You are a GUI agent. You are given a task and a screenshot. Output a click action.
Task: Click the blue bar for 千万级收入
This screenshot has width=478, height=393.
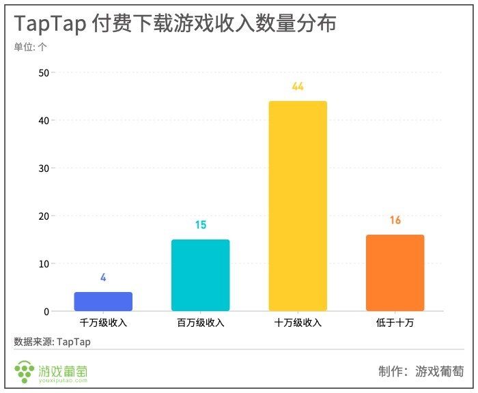click(103, 302)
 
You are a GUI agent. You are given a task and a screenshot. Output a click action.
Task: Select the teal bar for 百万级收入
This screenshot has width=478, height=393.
click(200, 276)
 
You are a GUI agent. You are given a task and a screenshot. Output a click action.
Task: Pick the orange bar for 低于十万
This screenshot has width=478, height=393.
click(395, 273)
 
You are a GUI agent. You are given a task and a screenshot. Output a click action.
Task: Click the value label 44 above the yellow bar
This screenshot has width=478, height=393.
click(298, 87)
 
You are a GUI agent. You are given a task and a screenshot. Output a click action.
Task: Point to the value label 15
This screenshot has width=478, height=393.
click(200, 225)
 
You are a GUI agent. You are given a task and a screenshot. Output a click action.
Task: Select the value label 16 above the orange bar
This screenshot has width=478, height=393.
click(395, 220)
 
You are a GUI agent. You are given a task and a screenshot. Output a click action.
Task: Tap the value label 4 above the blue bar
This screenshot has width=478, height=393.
click(103, 278)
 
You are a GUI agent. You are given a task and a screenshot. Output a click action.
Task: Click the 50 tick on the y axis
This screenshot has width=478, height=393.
click(42, 72)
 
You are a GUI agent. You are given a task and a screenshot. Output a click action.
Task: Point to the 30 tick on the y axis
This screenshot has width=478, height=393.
click(42, 168)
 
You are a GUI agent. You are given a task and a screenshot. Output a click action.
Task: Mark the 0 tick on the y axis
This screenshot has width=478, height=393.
click(45, 312)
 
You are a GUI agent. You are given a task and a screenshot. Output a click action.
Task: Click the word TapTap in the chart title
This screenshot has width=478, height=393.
click(48, 23)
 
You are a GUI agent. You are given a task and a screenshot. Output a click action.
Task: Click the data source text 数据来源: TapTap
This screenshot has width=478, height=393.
click(52, 341)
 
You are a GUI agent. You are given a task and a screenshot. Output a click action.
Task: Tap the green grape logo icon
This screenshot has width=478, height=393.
click(25, 372)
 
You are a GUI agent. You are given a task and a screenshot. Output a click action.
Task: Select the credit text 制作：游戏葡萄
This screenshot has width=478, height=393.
click(421, 372)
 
